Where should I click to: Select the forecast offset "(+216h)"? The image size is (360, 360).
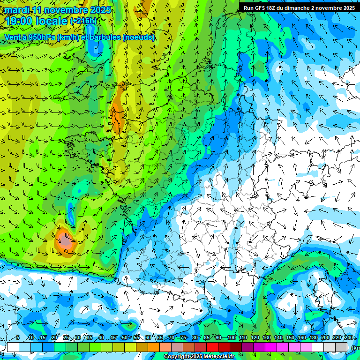(x=83, y=21)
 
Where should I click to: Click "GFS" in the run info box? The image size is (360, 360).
(x=262, y=8)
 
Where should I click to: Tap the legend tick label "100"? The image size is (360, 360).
(x=232, y=338)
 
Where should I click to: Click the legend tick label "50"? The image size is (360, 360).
(x=125, y=338)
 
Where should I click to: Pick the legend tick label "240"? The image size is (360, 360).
(x=348, y=338)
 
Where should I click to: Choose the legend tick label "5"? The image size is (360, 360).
(x=18, y=338)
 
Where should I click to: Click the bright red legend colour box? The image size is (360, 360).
(x=212, y=347)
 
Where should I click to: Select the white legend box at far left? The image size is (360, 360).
(x=13, y=347)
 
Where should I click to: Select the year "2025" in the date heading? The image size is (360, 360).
(x=100, y=10)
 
